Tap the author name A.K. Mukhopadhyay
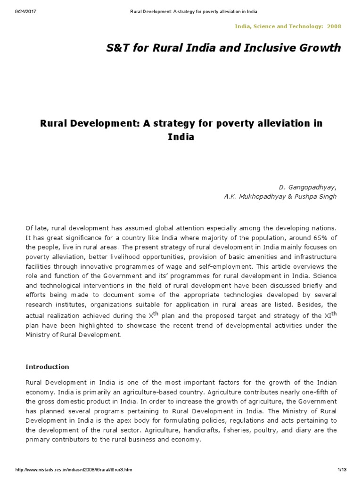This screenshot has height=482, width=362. tap(253, 196)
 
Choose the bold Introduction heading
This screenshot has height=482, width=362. tap(47, 367)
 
